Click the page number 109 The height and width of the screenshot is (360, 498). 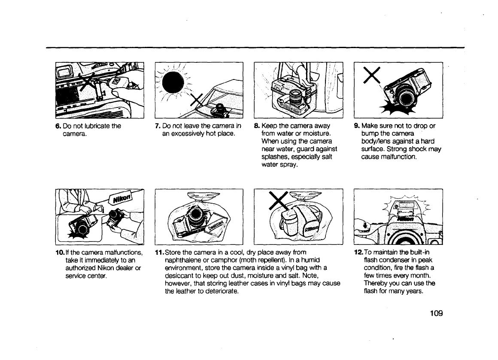[x=434, y=312]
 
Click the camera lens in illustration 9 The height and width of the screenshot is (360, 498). [x=404, y=98]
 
